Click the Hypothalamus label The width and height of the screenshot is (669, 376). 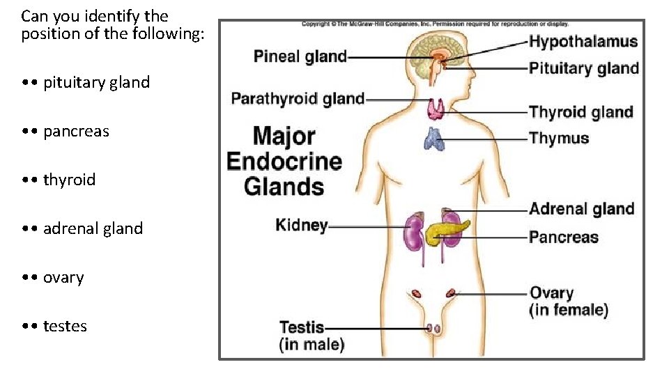[583, 41]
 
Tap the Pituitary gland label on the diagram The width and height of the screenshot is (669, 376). [583, 68]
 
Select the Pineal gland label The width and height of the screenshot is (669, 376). [300, 56]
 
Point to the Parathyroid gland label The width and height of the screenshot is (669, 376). [298, 99]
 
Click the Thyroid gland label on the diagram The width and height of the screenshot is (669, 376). [580, 112]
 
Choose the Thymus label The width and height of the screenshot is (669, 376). [559, 138]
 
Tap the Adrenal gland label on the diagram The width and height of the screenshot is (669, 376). [581, 209]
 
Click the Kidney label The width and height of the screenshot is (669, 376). [301, 225]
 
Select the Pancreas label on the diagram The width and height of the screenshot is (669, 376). [563, 237]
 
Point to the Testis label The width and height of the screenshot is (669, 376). [302, 327]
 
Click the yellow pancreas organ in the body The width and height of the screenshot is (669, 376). [446, 230]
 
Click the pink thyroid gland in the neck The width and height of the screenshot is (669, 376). [437, 108]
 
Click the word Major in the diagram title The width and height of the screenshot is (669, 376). [284, 136]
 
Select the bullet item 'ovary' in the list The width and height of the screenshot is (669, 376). [63, 277]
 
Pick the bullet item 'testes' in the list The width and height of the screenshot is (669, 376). [65, 326]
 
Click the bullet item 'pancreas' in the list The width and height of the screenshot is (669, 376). [76, 131]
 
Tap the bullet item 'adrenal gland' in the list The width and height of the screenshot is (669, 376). [93, 228]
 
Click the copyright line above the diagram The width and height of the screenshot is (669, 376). [435, 24]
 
